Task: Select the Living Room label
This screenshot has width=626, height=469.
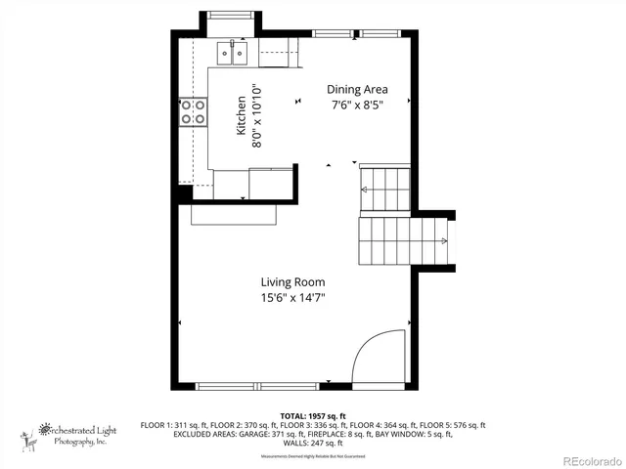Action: pos(292,282)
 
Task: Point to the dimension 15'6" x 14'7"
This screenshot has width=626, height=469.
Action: pos(292,298)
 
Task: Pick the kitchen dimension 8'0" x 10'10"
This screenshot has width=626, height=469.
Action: pos(257,115)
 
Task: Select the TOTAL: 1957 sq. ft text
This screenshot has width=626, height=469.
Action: pos(313,415)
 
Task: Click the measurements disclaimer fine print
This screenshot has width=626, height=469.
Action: pos(313,456)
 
